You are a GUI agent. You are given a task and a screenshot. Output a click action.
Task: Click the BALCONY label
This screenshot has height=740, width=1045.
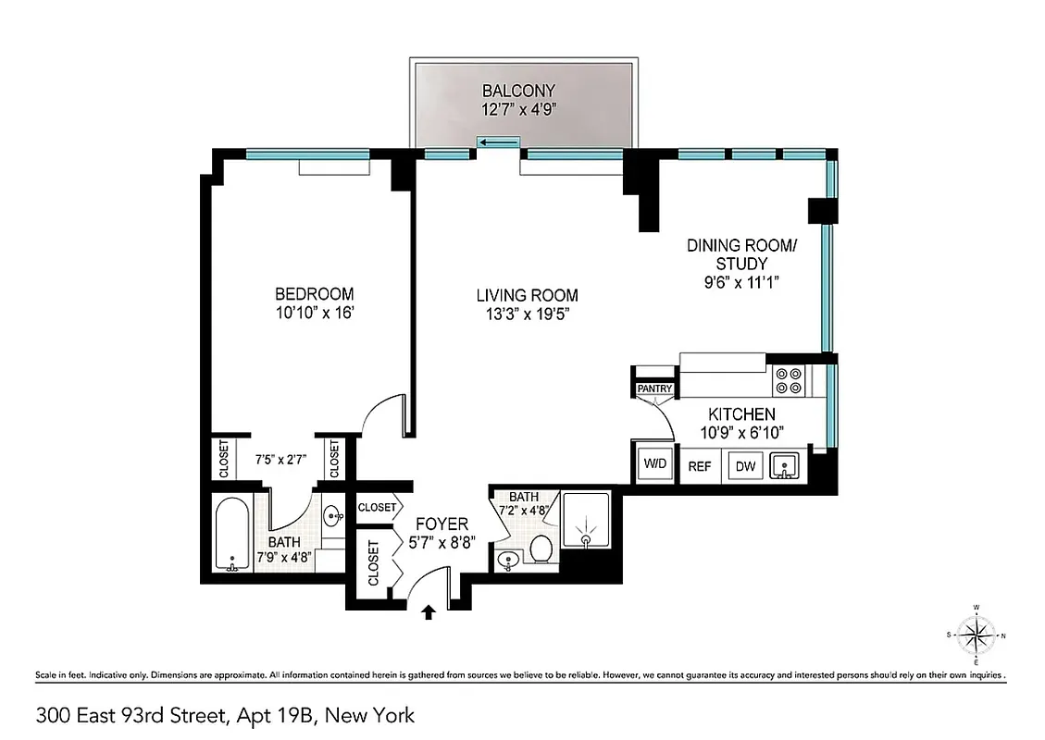pos(518,91)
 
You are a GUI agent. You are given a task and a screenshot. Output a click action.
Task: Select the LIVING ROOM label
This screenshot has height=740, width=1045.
pos(527,296)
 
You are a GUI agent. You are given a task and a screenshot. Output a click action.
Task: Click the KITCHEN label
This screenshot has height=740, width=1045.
pos(741,414)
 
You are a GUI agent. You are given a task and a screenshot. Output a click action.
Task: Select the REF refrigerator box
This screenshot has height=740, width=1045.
pos(700,466)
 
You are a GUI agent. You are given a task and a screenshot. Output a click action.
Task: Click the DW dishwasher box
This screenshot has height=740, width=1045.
pos(745,466)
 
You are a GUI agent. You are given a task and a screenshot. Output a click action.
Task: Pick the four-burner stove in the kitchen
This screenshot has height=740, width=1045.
pos(789,380)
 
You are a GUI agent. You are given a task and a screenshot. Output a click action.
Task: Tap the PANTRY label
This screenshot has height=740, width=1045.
pos(654,389)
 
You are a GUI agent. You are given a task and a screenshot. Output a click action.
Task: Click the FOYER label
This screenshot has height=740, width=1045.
pos(442,524)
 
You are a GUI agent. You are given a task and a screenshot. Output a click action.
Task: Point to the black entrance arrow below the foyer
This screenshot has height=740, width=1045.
pos(428,612)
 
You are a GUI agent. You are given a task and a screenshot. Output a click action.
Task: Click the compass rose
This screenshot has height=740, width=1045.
pos(976,635)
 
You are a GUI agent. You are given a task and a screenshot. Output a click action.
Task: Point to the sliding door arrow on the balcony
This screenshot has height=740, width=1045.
pos(498,142)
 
